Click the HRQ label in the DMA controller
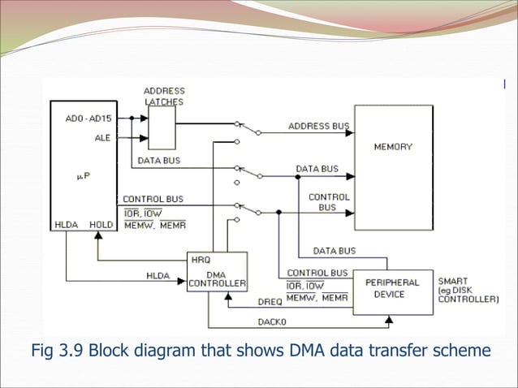pos(200,260)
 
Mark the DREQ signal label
pos(271,301)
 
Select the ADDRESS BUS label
pos(318,127)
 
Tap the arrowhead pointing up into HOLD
pos(98,235)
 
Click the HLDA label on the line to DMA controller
pos(158,276)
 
